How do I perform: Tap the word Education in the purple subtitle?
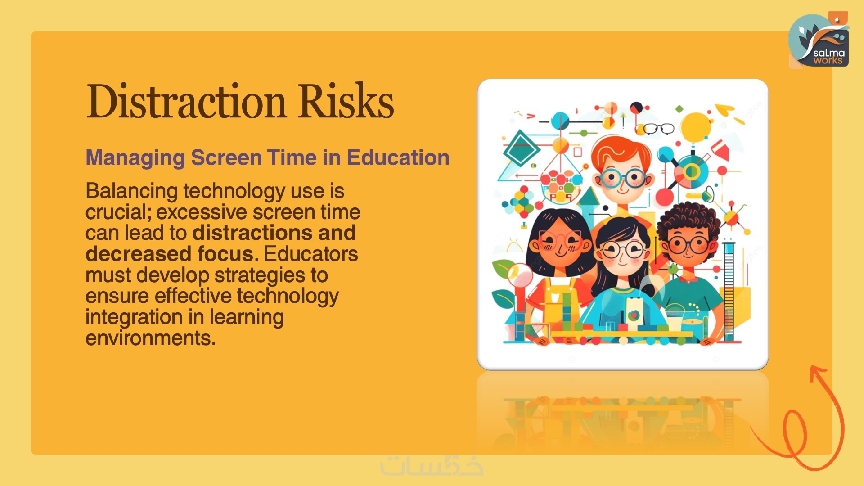[398, 157]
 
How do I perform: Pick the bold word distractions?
[252, 233]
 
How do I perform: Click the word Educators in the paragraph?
[310, 254]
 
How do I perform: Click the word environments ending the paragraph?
[150, 338]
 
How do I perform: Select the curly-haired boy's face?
[687, 245]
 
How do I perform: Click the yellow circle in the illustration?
[696, 127]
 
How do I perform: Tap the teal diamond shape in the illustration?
[521, 147]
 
